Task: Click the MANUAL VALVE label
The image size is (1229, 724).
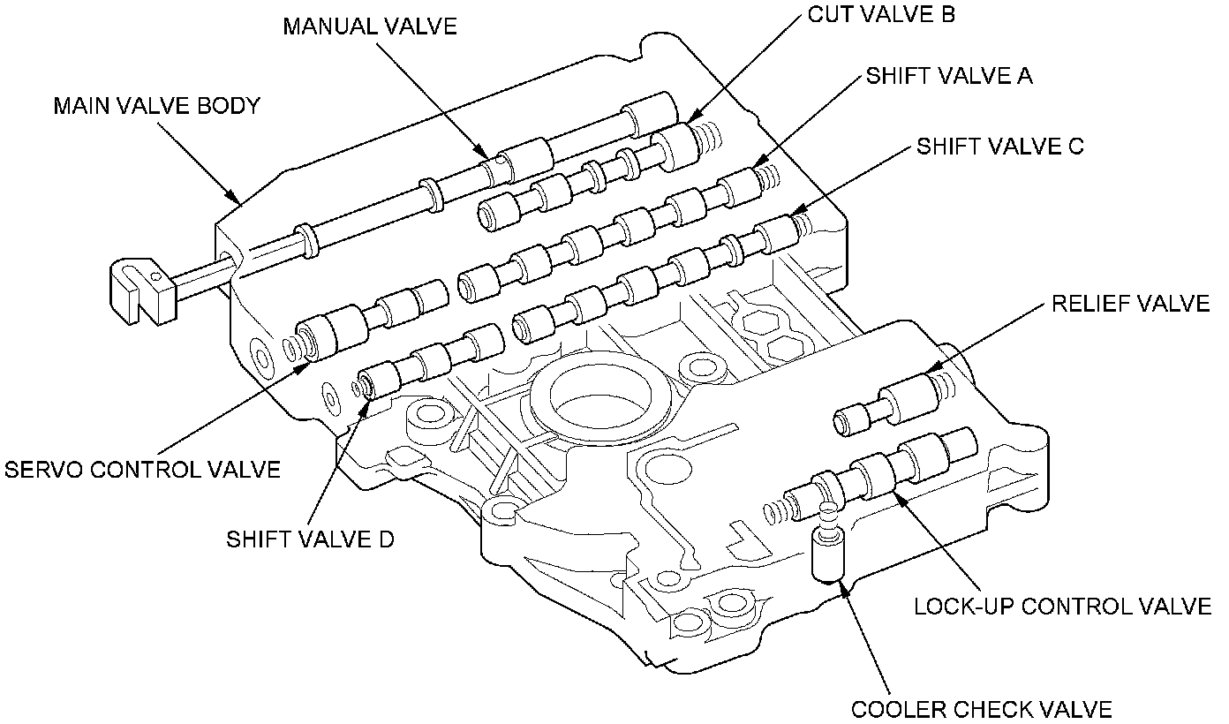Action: [370, 26]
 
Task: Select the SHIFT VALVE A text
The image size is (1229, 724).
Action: [948, 76]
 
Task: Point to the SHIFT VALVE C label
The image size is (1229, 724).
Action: [999, 146]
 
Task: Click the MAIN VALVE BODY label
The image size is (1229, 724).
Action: [157, 107]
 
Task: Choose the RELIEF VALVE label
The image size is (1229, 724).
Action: [1130, 305]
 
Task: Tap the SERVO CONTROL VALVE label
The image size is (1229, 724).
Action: [143, 470]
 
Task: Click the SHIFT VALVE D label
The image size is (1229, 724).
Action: [310, 539]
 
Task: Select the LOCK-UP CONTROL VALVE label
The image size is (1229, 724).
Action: [1062, 607]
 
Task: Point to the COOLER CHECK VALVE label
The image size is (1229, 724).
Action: [981, 709]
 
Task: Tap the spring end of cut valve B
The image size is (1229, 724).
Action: [707, 135]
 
